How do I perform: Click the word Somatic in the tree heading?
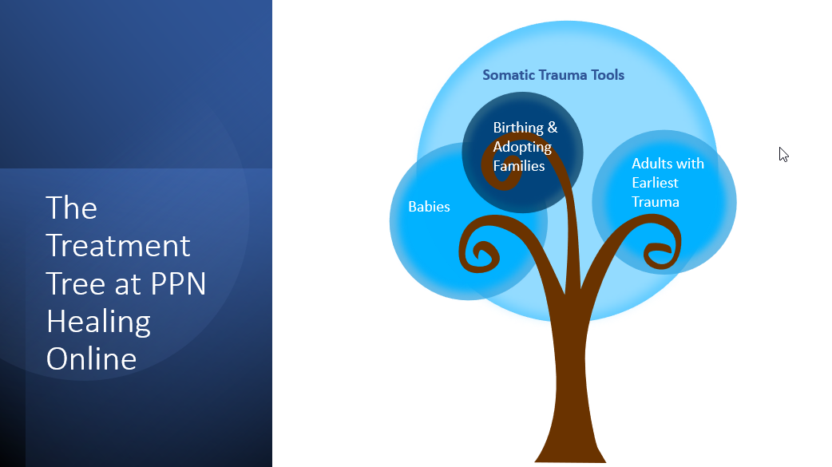pos(509,75)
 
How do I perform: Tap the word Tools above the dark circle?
pos(608,75)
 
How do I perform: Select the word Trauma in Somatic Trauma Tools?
pos(563,75)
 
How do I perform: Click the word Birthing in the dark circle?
pos(518,128)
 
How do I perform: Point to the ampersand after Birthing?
pos(553,128)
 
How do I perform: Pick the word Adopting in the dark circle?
pos(522,148)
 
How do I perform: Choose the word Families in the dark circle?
pos(518,166)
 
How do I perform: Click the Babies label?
pos(429,207)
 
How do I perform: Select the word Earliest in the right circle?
pos(655,183)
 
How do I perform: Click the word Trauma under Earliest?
pos(656,202)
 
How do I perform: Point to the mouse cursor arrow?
pos(783,154)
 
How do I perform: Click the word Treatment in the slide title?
pos(118,246)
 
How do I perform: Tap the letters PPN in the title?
pos(178,284)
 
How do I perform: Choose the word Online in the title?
pos(91,359)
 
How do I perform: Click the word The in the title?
pos(71,208)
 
